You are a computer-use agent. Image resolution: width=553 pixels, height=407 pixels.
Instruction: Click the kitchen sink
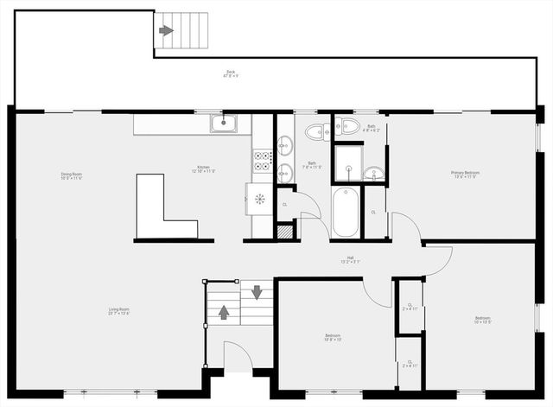224,124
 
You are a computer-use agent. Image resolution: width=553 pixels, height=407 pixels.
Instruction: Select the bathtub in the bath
345,213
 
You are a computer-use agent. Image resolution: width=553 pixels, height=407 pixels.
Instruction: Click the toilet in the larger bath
315,132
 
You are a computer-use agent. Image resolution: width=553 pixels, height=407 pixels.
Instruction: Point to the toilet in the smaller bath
348,127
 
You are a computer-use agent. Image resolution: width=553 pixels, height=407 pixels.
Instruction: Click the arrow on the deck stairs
166,30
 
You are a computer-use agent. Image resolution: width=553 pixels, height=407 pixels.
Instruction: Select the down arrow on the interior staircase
257,291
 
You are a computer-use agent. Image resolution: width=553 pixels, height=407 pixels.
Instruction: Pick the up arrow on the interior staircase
224,312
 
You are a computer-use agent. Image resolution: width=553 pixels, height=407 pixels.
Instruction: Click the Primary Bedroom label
465,175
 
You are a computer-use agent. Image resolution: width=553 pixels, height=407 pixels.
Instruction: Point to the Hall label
351,258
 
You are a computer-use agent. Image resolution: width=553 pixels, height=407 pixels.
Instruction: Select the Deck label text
231,73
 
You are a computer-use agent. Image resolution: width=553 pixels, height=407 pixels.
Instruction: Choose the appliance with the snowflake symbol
259,198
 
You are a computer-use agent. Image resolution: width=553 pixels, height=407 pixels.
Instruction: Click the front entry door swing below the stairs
238,356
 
